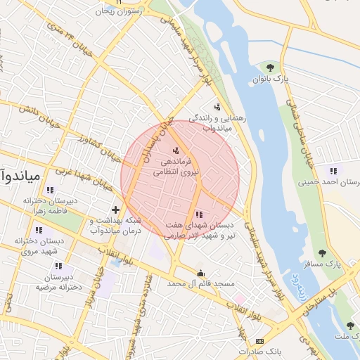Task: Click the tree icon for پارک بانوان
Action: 270,67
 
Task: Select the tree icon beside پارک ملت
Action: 350,326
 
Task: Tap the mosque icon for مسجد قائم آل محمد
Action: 202,273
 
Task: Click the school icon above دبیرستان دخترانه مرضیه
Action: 58,266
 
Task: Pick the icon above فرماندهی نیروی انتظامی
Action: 176,150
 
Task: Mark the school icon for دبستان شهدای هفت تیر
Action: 199,214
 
